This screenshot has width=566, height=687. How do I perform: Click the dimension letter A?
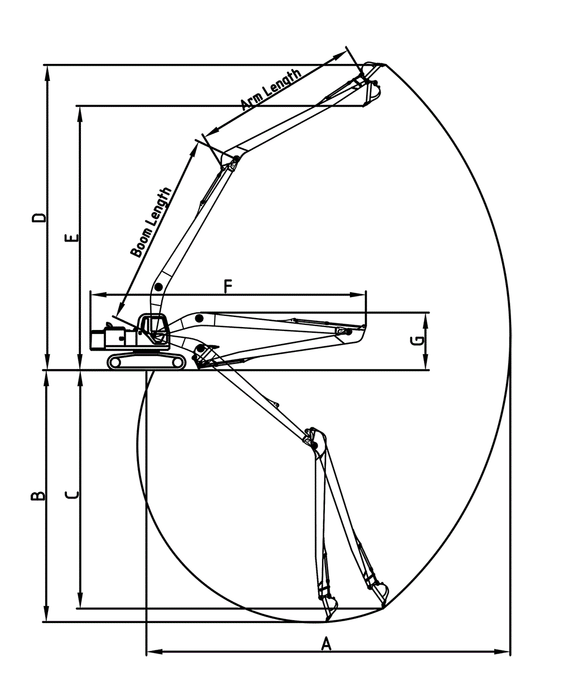coord(325,643)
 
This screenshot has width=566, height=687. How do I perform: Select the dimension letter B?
coord(37,496)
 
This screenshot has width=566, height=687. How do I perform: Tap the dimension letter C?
coord(72,495)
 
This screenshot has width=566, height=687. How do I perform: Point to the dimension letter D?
coord(38,218)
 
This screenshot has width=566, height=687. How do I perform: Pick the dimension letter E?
coord(71,237)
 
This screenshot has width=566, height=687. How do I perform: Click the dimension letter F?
coord(228,287)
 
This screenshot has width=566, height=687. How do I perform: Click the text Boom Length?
coord(151,222)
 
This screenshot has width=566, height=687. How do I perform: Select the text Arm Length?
coord(271,89)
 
